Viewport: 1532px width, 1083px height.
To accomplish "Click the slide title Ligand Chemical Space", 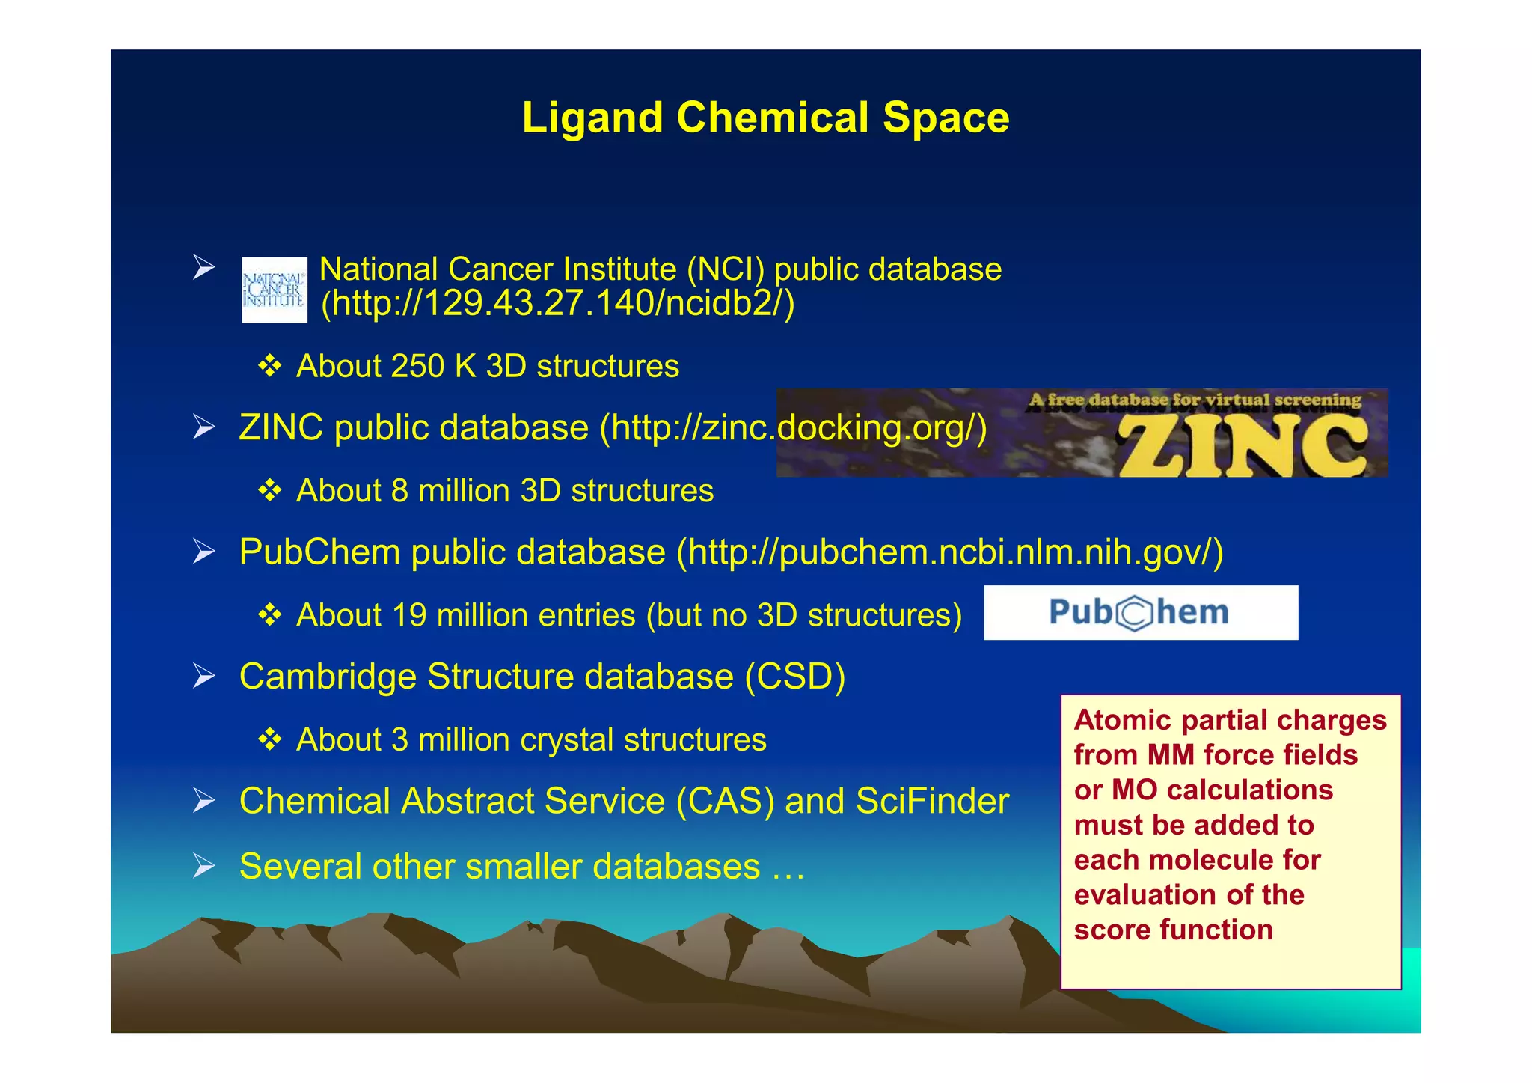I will tap(765, 118).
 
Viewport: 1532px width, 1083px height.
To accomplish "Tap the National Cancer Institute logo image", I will tap(274, 290).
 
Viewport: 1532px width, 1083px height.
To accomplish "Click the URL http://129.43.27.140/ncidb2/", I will tap(557, 303).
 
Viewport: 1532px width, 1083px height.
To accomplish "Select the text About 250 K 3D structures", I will tap(487, 367).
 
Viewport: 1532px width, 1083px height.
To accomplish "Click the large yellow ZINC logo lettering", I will tap(1242, 446).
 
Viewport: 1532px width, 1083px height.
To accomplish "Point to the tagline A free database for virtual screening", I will tap(1195, 400).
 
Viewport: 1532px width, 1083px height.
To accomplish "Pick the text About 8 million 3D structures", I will tap(505, 491).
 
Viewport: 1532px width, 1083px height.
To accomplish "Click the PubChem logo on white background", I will tap(1140, 612).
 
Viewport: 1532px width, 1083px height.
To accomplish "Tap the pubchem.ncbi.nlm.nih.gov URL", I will tap(950, 552).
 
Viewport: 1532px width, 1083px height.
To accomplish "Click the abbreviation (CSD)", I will tap(794, 677).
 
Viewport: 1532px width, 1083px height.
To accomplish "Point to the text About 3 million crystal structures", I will tap(531, 740).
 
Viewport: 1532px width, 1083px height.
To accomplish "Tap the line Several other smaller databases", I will tap(521, 867).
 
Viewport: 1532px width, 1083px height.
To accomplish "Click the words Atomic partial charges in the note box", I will tap(1230, 720).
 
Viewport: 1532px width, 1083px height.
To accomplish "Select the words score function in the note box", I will tap(1173, 930).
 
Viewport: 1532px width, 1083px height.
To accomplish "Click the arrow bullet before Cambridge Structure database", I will tap(203, 676).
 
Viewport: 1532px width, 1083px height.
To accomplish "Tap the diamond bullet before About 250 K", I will tap(269, 366).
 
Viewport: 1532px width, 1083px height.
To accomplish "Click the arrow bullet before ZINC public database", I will tap(203, 427).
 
